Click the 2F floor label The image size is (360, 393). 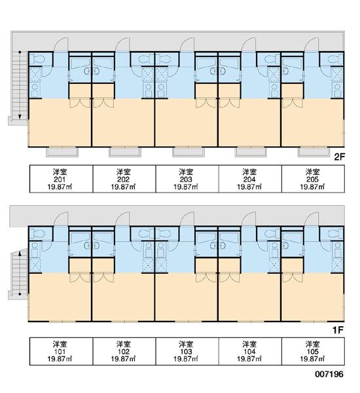[x=340, y=157]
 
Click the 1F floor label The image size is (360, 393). [x=338, y=330]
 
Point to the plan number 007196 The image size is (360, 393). [x=329, y=374]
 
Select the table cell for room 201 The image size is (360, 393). [x=61, y=179]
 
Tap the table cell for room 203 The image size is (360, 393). [x=187, y=179]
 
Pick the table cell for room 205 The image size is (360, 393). [x=313, y=179]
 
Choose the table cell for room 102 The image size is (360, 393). [x=124, y=351]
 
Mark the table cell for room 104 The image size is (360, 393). [x=250, y=351]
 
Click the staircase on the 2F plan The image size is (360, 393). [x=20, y=85]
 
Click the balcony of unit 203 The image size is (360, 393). [x=188, y=152]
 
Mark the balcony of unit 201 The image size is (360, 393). [x=62, y=152]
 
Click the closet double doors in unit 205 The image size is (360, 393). [x=293, y=103]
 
